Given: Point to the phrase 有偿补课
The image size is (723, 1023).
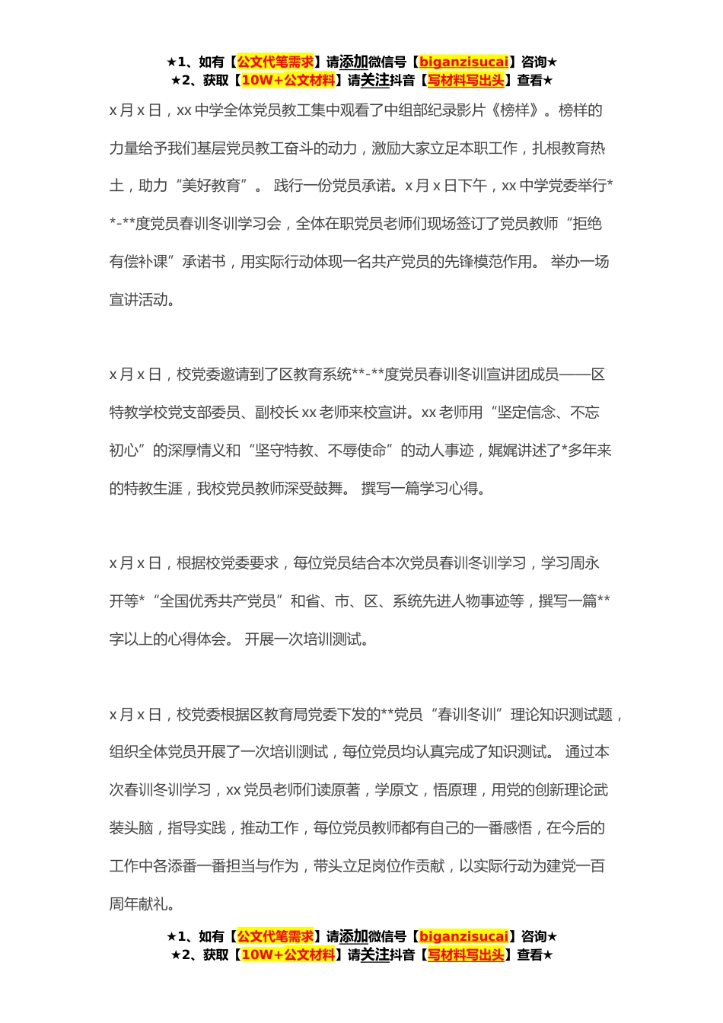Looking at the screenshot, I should point(139,262).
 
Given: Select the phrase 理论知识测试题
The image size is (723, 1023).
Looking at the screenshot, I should point(562,715).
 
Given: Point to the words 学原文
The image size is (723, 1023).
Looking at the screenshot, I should point(397,790).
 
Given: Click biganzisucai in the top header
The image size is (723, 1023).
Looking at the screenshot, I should point(463,62).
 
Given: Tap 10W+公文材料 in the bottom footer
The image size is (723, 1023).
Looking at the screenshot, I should point(288,954).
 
